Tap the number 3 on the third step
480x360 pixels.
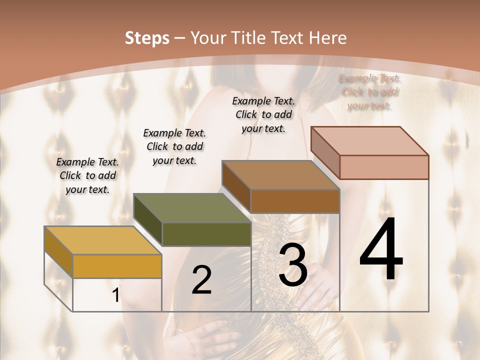293,265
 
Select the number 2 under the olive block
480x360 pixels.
201,280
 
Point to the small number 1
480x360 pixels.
116,295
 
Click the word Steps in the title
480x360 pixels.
147,38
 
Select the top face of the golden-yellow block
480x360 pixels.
102,240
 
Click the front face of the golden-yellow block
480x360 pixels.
117,266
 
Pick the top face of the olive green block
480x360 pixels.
192,208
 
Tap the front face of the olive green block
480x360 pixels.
206,234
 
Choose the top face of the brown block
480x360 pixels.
280,175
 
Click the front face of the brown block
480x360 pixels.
295,201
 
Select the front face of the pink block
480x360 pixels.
384,167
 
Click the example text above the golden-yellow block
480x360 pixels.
87,176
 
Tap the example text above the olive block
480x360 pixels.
174,147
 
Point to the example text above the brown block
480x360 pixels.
263,114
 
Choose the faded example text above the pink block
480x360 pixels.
369,92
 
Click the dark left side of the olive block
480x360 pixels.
148,219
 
